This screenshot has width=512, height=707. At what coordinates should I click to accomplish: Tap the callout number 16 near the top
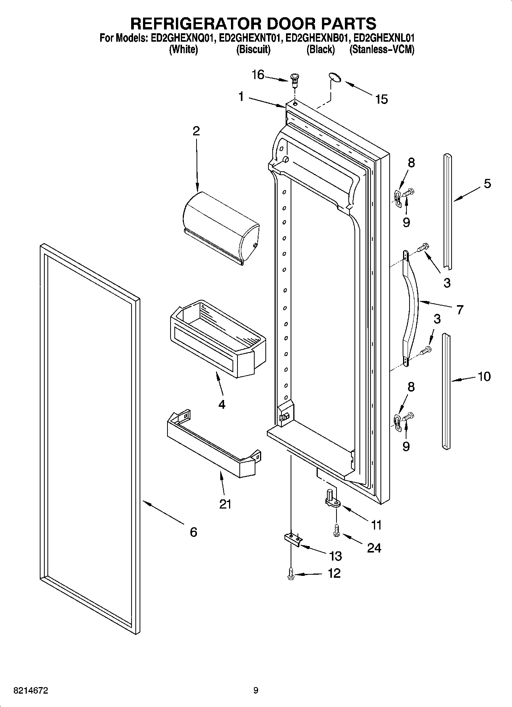258,75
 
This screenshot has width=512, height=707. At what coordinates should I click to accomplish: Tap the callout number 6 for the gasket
193,532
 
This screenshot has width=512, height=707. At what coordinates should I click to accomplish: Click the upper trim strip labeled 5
448,210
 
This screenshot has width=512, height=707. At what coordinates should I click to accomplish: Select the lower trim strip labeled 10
446,390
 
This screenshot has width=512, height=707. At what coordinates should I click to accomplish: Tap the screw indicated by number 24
336,530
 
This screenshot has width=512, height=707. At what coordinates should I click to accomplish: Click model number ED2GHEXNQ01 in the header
182,38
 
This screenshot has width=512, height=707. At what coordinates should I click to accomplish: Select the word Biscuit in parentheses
253,50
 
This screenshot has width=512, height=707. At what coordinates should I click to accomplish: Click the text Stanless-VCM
382,50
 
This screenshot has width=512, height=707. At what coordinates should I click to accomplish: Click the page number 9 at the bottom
256,691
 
